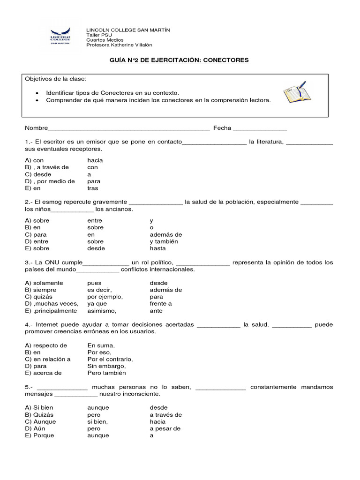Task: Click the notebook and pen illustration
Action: click(297, 92)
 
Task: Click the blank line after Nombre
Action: click(129, 128)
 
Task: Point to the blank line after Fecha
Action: click(260, 128)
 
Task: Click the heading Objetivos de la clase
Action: click(56, 78)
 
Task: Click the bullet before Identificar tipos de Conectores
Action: click(37, 93)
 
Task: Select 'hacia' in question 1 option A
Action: click(95, 160)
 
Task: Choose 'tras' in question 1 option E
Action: click(92, 188)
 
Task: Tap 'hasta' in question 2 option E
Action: click(157, 248)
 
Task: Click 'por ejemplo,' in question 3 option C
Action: click(105, 297)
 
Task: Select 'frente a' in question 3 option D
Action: click(160, 304)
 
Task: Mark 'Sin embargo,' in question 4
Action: click(106, 366)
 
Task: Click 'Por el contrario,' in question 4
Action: click(110, 359)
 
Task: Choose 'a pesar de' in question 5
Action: click(165, 428)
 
